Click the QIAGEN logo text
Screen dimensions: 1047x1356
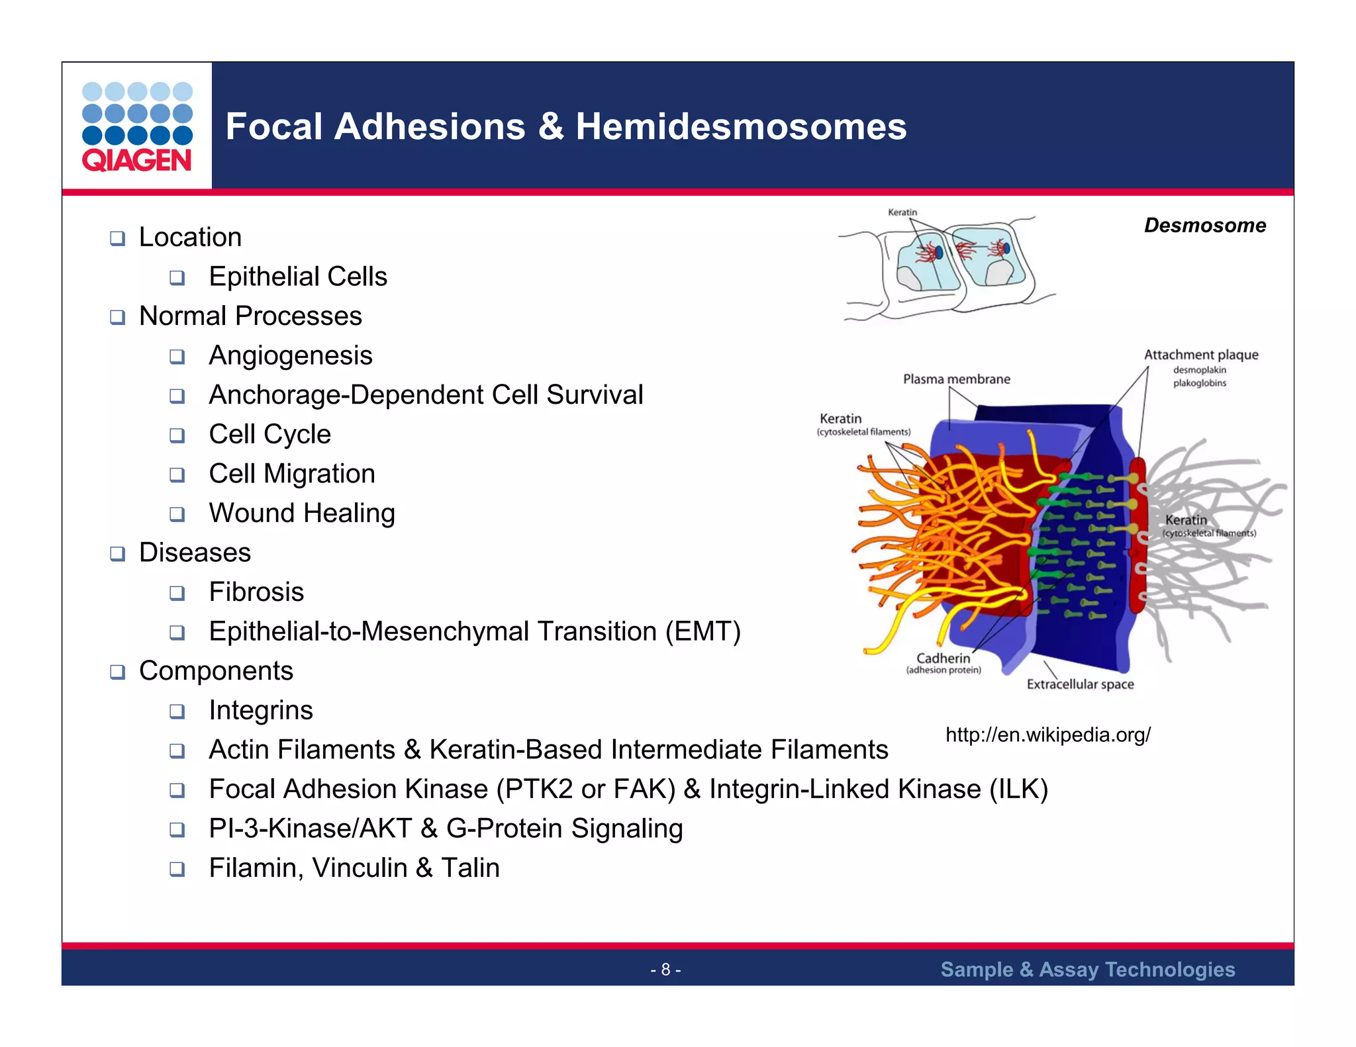136,160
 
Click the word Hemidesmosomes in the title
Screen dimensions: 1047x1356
740,126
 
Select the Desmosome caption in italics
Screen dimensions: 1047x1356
1204,226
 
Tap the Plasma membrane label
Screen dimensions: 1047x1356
956,379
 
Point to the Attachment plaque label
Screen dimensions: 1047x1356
1200,355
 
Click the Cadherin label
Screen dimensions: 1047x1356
943,659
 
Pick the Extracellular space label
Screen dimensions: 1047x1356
1080,684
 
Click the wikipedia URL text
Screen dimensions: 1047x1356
1047,735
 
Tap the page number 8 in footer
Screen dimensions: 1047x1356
665,970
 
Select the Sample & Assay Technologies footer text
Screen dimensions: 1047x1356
1087,970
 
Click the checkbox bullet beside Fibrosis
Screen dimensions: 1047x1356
177,593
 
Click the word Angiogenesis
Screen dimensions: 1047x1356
291,355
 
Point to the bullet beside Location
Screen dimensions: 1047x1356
117,238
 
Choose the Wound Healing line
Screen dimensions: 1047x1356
302,513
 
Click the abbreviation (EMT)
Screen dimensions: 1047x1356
702,631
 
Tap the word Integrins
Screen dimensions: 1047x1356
261,710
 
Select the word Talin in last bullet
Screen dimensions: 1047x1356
470,868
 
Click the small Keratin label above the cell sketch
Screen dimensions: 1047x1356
902,212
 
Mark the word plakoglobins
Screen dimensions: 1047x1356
1199,383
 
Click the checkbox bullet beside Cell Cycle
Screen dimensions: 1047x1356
177,435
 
